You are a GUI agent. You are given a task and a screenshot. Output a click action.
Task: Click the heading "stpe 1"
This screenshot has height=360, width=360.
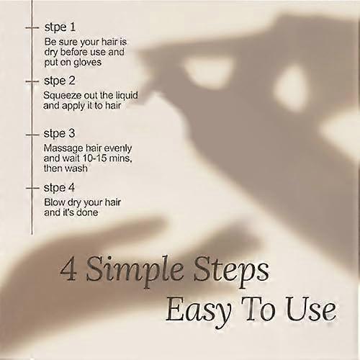pyautogui.click(x=60, y=27)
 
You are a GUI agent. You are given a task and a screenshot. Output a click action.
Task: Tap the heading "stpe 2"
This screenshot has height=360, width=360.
pyautogui.click(x=60, y=81)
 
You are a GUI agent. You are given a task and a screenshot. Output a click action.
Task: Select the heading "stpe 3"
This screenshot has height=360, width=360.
pyautogui.click(x=59, y=134)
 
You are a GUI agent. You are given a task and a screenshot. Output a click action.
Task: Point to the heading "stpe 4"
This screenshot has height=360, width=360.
pyautogui.click(x=59, y=188)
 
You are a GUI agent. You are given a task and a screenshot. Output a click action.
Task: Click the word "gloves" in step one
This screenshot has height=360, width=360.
pyautogui.click(x=87, y=63)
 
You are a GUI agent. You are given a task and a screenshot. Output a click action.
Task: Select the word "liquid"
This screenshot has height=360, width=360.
pyautogui.click(x=127, y=96)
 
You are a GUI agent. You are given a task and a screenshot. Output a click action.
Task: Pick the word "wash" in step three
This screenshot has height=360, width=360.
pyautogui.click(x=76, y=168)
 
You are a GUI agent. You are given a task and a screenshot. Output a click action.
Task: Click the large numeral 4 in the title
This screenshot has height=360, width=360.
pyautogui.click(x=68, y=271)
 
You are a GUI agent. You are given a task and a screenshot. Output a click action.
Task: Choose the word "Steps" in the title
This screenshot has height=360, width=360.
pyautogui.click(x=231, y=272)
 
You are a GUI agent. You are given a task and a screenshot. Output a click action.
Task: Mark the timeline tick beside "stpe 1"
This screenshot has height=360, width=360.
pyautogui.click(x=32, y=28)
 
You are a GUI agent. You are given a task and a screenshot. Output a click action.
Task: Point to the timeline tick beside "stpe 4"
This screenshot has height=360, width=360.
pyautogui.click(x=32, y=188)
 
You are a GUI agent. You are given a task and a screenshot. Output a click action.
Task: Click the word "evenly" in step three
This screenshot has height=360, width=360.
pyautogui.click(x=118, y=149)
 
